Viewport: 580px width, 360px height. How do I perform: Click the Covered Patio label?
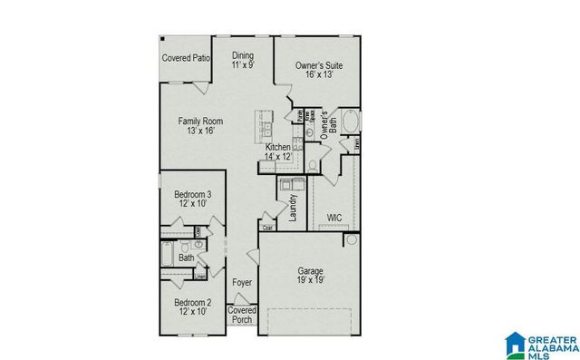click(x=187, y=59)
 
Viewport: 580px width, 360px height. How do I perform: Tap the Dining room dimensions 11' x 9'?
click(x=242, y=65)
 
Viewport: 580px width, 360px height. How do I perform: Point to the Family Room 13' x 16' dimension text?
click(x=200, y=131)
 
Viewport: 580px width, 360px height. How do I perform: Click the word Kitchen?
click(x=277, y=146)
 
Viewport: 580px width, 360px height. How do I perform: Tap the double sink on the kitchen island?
click(x=265, y=125)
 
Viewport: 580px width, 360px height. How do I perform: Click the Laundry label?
click(x=294, y=208)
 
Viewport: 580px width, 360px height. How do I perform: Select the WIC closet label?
click(x=333, y=218)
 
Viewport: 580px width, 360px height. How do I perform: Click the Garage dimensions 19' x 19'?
click(x=310, y=280)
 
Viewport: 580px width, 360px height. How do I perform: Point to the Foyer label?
click(x=242, y=283)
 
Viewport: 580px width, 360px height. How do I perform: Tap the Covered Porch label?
click(x=242, y=315)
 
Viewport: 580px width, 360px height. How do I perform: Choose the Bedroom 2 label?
click(x=192, y=302)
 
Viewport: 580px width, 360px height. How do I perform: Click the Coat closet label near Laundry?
click(x=267, y=228)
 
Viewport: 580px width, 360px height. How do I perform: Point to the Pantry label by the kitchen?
click(x=299, y=113)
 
